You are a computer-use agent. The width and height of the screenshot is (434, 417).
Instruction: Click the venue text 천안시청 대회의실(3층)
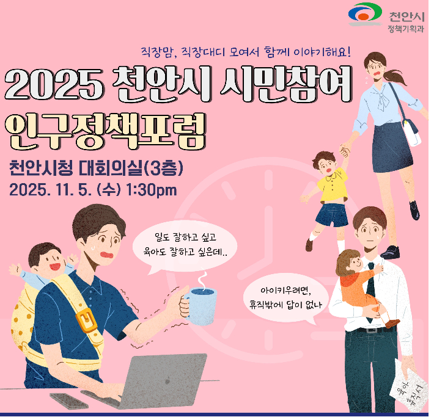click(x=97, y=167)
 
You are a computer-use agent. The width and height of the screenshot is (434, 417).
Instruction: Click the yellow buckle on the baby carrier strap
click(x=86, y=317)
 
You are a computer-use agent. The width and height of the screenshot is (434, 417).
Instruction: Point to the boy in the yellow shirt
click(x=331, y=189)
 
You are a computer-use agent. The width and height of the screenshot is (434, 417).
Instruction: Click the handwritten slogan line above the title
click(x=245, y=53)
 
